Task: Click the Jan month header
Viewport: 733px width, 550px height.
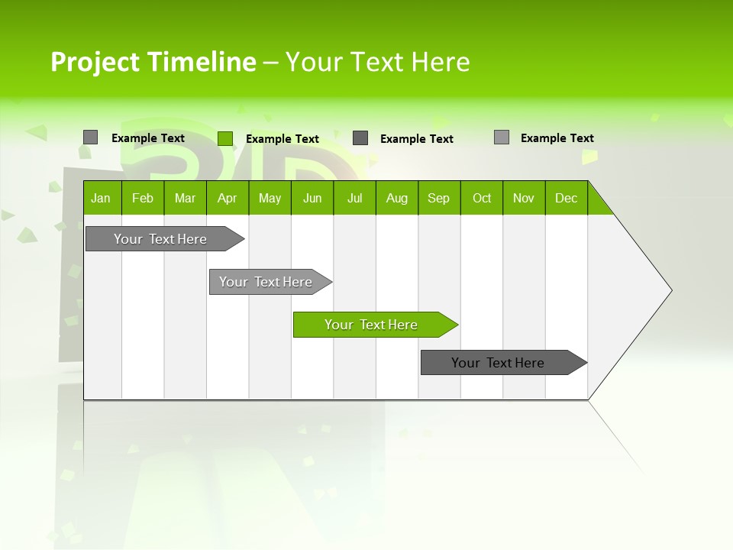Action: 102,198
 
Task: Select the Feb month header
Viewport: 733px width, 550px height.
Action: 143,198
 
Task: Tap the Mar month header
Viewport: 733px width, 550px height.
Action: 185,198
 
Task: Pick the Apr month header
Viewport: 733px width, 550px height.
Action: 227,198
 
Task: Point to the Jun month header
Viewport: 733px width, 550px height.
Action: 312,198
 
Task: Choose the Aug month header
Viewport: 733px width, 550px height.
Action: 396,198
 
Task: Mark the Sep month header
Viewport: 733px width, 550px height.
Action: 439,198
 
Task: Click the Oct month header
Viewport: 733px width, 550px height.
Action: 482,198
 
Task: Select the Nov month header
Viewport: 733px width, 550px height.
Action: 524,198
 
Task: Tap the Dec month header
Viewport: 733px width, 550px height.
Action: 566,198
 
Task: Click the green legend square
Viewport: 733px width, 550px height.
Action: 225,138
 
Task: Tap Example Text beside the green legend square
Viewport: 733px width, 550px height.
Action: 282,139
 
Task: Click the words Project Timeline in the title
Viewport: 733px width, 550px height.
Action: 153,62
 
